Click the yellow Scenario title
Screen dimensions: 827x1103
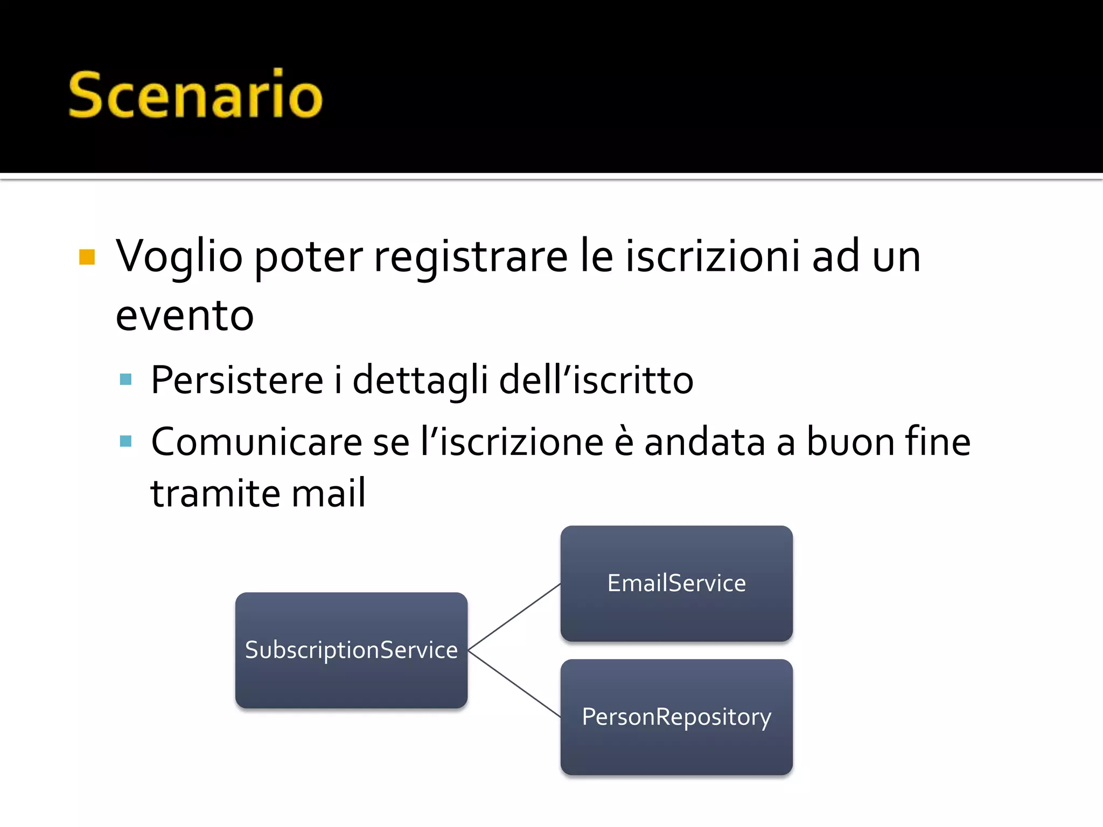(x=195, y=95)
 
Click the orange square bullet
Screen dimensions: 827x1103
(x=87, y=257)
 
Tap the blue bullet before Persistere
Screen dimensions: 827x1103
(x=126, y=380)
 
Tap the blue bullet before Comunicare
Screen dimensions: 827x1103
(x=126, y=441)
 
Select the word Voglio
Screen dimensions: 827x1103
(x=179, y=257)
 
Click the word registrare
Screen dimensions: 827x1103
(x=471, y=257)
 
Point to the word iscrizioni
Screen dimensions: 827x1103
(x=712, y=257)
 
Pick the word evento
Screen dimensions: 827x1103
(x=185, y=316)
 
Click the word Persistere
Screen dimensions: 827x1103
(x=237, y=380)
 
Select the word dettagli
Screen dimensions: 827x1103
(x=420, y=380)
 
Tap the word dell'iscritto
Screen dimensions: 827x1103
(x=596, y=380)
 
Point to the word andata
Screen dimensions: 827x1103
(x=704, y=442)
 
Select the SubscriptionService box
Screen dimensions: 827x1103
(x=351, y=650)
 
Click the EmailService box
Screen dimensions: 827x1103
(x=676, y=584)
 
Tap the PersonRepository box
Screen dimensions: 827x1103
(x=676, y=717)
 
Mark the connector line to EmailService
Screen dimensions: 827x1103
(x=514, y=617)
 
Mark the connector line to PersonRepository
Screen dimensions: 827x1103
(x=514, y=684)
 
